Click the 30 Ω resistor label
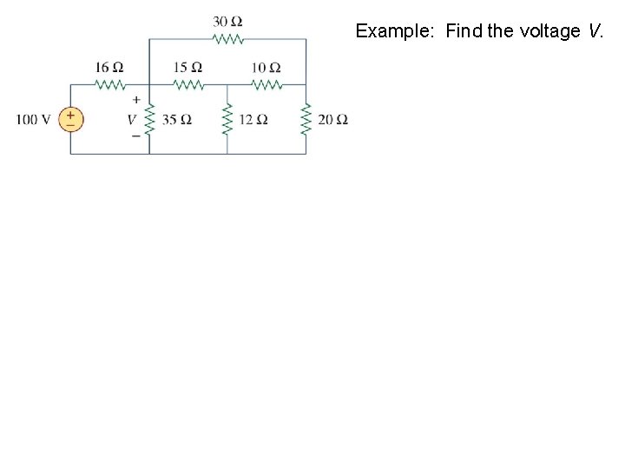(x=227, y=22)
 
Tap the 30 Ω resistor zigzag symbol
(x=227, y=39)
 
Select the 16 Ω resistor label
(x=109, y=67)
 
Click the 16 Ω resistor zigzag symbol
(x=110, y=84)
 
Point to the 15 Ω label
(x=187, y=67)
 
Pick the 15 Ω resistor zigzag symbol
(x=188, y=84)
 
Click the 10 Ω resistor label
(x=266, y=67)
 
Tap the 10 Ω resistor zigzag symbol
(x=266, y=84)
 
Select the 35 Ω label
(x=177, y=119)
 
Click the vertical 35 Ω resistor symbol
(x=149, y=119)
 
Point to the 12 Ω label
(x=253, y=119)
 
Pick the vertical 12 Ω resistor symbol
(x=227, y=119)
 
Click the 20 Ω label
(x=332, y=119)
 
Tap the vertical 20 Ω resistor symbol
(x=306, y=119)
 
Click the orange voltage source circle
(x=70, y=119)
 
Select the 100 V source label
(x=33, y=119)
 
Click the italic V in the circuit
(x=133, y=119)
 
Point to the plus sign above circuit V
(x=136, y=100)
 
